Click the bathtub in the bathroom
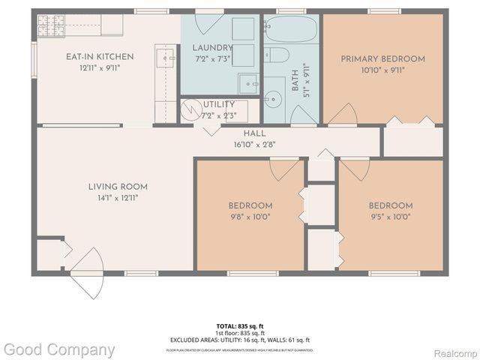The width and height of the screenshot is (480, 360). click(x=292, y=31)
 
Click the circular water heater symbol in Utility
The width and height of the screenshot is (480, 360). click(x=193, y=109)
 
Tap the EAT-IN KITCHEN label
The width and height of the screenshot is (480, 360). click(x=99, y=56)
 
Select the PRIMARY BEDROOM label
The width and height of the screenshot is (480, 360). click(x=382, y=58)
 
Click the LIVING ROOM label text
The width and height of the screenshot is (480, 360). click(x=118, y=187)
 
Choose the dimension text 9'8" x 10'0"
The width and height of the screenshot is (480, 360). click(x=250, y=217)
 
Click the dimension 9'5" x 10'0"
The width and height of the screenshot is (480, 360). click(x=390, y=217)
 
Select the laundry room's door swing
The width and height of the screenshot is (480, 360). click(x=208, y=128)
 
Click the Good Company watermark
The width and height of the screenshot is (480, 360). click(x=58, y=349)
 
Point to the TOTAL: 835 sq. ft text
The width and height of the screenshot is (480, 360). click(x=239, y=325)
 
